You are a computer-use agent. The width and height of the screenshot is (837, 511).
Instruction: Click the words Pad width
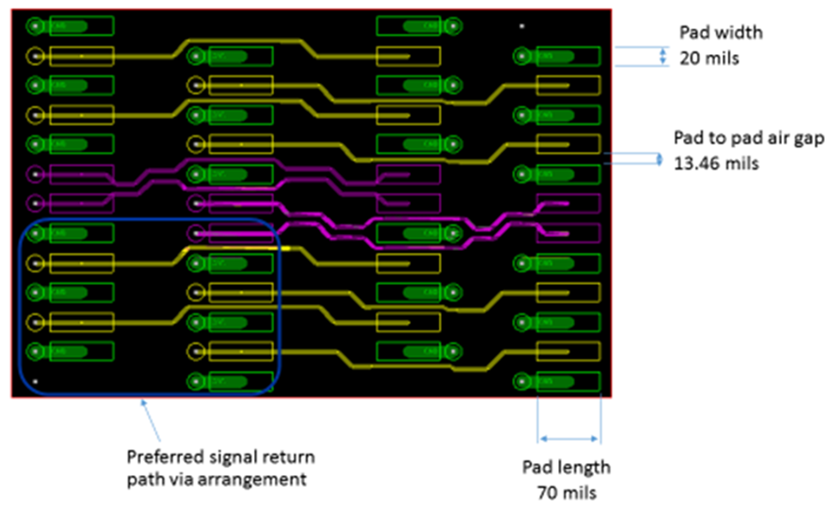pyautogui.click(x=721, y=33)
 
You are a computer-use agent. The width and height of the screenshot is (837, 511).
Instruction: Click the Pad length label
pyautogui.click(x=567, y=467)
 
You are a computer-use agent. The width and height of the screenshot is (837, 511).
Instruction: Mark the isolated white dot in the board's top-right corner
pyautogui.click(x=522, y=26)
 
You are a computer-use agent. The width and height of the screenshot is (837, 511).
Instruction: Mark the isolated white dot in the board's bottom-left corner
pyautogui.click(x=35, y=380)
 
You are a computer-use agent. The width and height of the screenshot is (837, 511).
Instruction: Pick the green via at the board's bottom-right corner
pyautogui.click(x=522, y=381)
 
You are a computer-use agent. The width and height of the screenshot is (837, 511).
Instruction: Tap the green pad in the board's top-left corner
pyautogui.click(x=82, y=27)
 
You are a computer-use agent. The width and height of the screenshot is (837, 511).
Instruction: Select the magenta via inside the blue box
pyautogui.click(x=196, y=233)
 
